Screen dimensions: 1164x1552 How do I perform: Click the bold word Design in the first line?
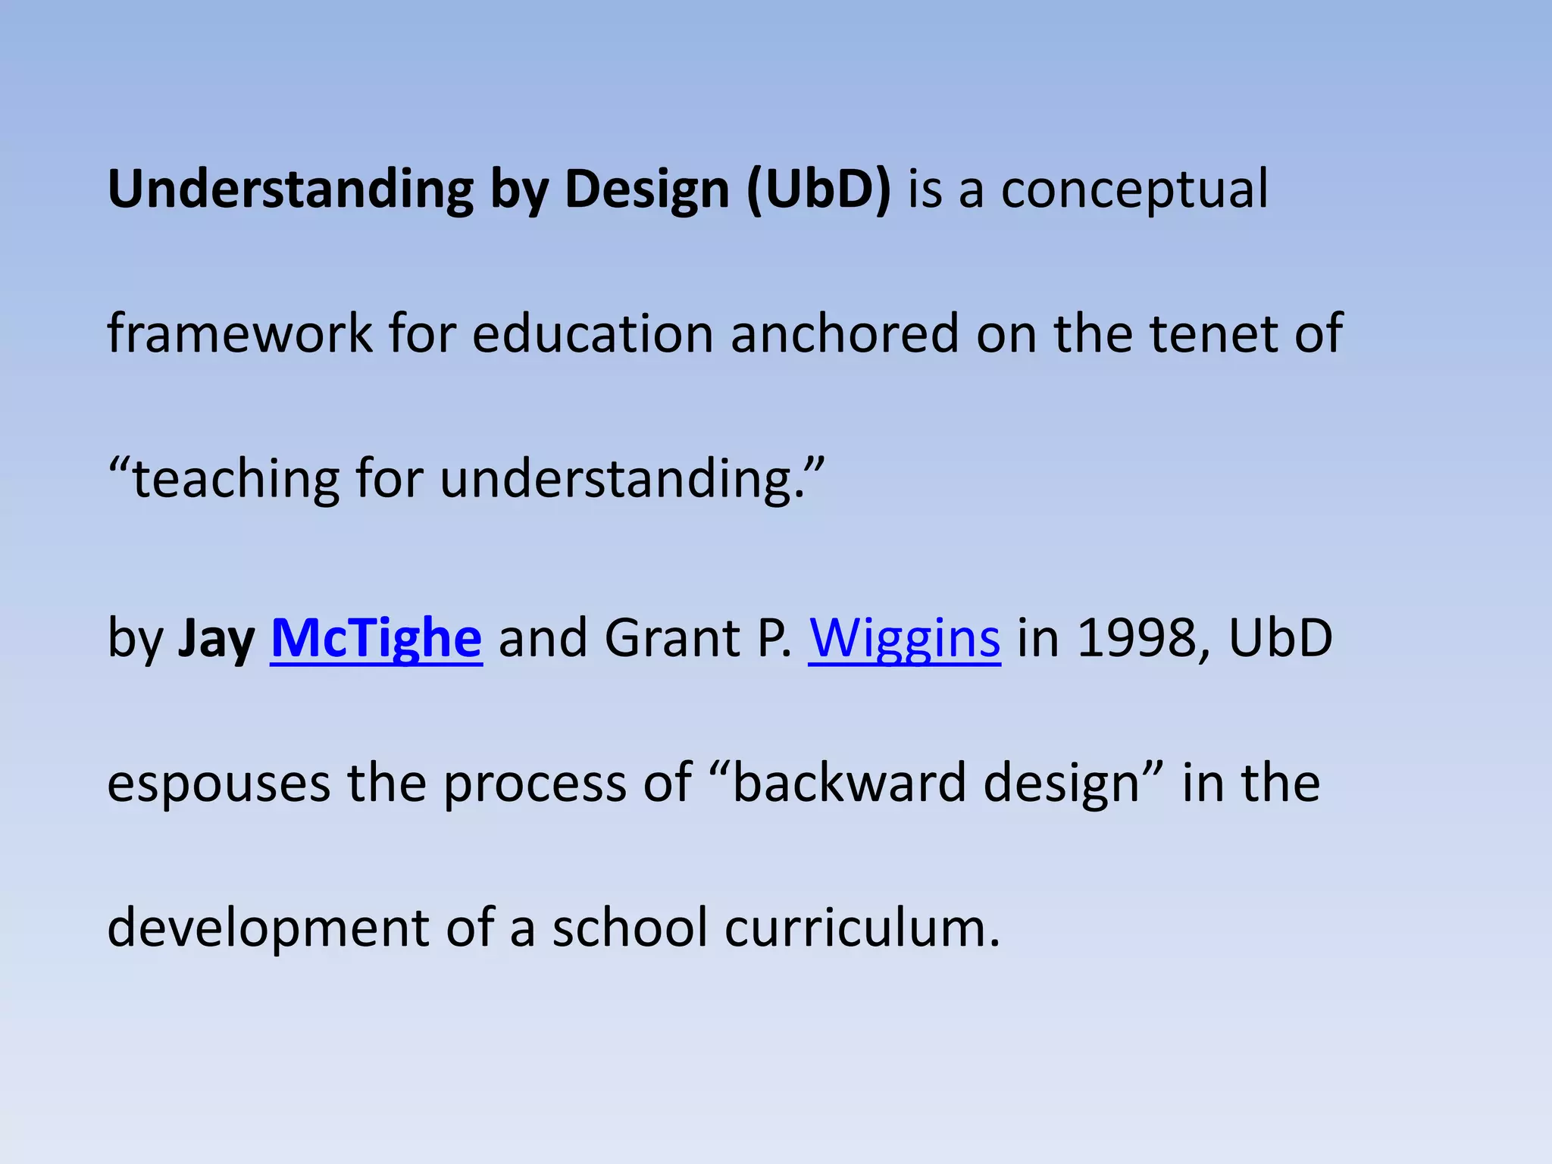(646, 189)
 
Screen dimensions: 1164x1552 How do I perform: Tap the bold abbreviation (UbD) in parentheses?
(818, 189)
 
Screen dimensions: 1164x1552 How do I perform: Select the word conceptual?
(1134, 189)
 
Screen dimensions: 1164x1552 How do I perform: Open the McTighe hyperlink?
(376, 638)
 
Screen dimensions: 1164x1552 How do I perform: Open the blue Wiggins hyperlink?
(904, 638)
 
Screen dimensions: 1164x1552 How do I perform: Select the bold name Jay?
(216, 638)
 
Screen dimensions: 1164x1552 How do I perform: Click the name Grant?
(671, 638)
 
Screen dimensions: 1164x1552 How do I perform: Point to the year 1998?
(1134, 638)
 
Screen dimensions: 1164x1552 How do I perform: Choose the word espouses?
(218, 783)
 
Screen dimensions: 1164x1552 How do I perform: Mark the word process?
(535, 783)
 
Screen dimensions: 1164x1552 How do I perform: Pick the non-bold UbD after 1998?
(1280, 638)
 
